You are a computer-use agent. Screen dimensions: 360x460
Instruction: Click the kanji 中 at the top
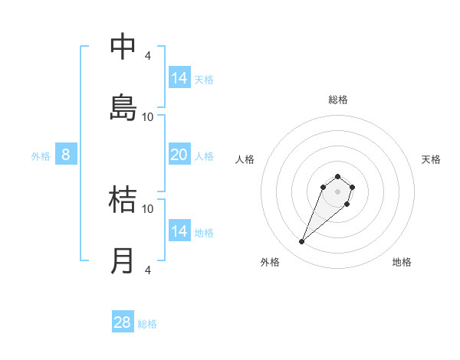click(123, 47)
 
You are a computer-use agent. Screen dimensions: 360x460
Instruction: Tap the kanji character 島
click(123, 106)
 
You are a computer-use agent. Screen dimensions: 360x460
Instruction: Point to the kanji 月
click(123, 260)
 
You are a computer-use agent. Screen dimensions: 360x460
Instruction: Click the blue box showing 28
click(123, 322)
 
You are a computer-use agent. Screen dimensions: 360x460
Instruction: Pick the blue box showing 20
click(179, 155)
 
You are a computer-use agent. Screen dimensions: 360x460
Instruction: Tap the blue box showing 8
click(66, 155)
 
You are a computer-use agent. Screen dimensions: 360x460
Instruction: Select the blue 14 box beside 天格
click(179, 78)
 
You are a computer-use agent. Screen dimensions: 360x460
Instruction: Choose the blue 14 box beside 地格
click(179, 231)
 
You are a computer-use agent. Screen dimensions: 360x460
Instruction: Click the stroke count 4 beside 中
click(147, 55)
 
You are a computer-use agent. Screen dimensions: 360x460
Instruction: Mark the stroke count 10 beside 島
click(147, 116)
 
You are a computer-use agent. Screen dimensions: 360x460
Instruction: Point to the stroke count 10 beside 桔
click(147, 208)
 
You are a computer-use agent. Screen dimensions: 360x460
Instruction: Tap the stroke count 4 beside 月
click(147, 270)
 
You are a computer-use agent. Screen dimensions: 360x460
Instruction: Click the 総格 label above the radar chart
click(338, 100)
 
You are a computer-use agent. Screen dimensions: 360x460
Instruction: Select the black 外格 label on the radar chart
click(270, 262)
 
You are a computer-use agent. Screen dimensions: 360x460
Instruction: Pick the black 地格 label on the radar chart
click(402, 262)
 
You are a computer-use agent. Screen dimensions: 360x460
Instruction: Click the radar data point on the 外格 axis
click(302, 242)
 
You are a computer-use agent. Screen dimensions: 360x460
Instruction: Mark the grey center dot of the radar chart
click(338, 191)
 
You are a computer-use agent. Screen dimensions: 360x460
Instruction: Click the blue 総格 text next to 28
click(147, 324)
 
